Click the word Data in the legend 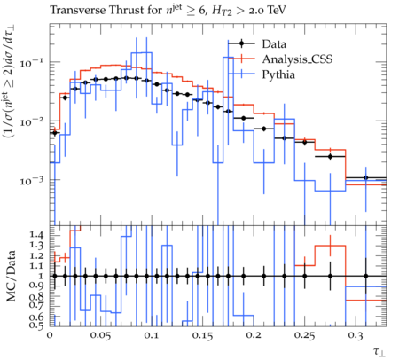274,44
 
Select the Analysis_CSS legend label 297,59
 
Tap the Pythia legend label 278,74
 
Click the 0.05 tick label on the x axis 101,335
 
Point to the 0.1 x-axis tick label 152,335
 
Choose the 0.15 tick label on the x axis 202,335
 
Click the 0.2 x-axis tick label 254,335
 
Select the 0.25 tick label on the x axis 304,335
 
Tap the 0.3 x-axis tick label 356,335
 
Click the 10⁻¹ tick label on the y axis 31,63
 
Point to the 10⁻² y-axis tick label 31,121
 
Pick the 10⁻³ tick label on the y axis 31,180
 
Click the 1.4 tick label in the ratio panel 36,236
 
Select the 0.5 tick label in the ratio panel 36,325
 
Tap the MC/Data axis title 11,276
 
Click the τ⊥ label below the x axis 379,352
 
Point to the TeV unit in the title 277,11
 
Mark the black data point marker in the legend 241,43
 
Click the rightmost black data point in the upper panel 366,177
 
